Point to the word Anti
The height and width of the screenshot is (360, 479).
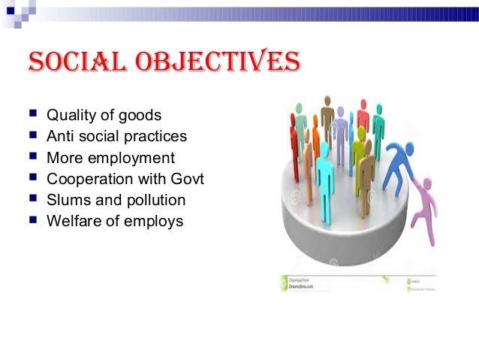pyautogui.click(x=61, y=137)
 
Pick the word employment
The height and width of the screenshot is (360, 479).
pyautogui.click(x=131, y=159)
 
